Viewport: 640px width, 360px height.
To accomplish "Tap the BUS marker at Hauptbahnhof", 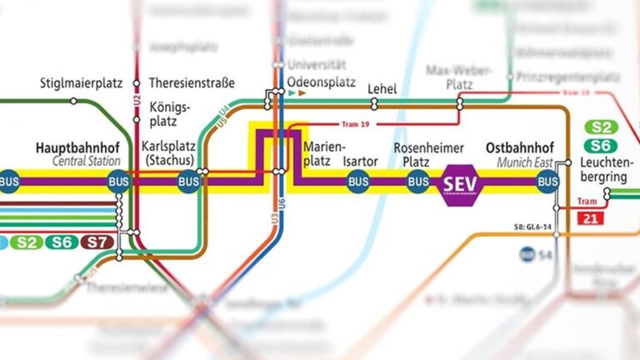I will (117, 182).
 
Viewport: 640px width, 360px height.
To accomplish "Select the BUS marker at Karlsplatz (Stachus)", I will (188, 182).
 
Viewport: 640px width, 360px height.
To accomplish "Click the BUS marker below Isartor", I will (358, 182).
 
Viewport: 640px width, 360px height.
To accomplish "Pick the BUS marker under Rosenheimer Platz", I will (417, 182).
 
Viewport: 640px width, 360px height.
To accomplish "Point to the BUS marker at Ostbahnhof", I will (547, 182).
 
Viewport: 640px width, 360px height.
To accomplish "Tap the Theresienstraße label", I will (192, 83).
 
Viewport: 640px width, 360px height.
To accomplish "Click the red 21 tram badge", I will (590, 219).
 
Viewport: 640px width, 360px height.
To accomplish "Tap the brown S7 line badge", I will (98, 242).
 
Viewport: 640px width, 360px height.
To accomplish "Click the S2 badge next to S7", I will (27, 242).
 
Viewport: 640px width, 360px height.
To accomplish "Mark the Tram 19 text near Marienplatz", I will (356, 124).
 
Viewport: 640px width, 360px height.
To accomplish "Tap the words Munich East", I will (518, 161).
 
